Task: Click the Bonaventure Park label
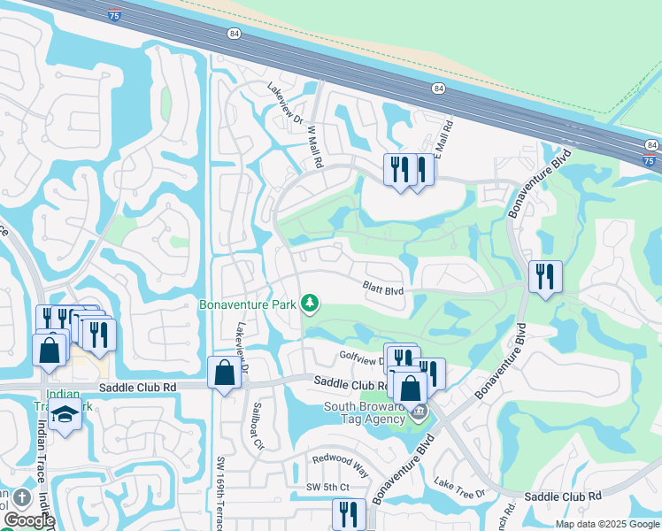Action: [247, 304]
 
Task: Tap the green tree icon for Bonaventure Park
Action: [309, 304]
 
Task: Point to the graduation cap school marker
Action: [65, 414]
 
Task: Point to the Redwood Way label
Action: [339, 461]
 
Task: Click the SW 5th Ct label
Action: [328, 488]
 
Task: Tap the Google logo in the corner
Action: [29, 520]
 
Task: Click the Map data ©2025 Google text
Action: [606, 524]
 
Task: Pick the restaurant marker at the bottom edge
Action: [349, 515]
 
